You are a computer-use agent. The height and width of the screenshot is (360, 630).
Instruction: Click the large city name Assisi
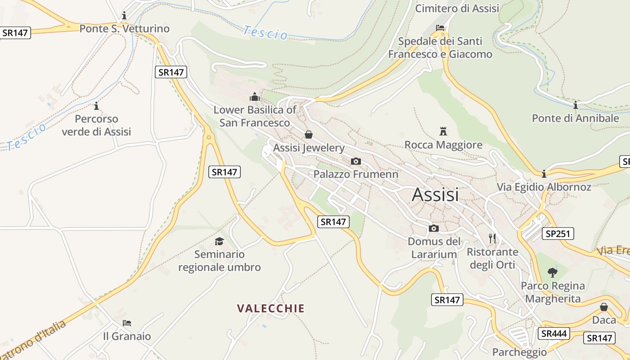(435, 194)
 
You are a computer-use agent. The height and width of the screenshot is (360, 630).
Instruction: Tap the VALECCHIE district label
(271, 308)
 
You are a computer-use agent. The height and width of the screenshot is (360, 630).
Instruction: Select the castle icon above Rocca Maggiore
(443, 131)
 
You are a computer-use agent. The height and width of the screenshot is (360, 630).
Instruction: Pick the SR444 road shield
(553, 333)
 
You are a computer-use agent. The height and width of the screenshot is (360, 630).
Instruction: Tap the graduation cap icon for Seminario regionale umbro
(219, 241)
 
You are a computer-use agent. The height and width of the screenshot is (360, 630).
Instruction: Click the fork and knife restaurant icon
(492, 238)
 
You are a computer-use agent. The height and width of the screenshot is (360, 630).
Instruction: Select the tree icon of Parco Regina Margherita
(552, 272)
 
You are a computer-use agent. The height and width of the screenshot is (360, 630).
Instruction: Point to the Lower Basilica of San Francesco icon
(255, 97)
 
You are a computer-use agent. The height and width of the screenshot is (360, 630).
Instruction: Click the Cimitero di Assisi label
(457, 8)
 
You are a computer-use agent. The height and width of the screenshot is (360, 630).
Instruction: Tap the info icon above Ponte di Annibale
(575, 105)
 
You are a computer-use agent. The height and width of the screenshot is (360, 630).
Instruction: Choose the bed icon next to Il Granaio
(127, 323)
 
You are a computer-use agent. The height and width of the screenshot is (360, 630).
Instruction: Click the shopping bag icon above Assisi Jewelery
(309, 135)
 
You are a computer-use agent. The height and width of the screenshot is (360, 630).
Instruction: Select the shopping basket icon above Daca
(604, 307)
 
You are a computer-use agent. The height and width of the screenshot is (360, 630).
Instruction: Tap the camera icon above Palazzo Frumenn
(355, 161)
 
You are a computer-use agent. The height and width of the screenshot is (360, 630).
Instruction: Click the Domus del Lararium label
(434, 248)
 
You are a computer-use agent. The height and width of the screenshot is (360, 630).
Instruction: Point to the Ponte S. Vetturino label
(124, 29)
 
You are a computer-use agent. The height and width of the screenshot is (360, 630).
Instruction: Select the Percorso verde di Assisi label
(96, 125)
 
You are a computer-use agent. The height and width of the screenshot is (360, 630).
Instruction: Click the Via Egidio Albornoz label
(544, 187)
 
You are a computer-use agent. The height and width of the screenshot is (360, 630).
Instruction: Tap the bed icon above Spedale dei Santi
(440, 28)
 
